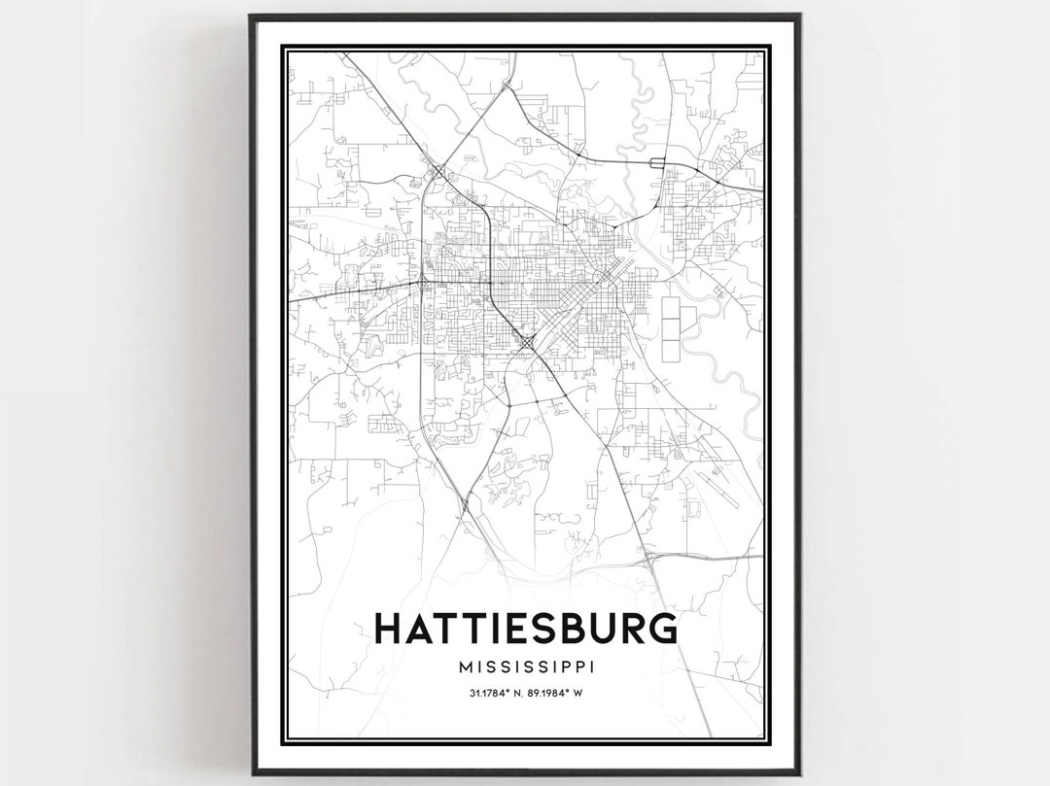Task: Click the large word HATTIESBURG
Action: click(x=526, y=628)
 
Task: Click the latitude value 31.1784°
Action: click(x=490, y=693)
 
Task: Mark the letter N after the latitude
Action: click(x=522, y=693)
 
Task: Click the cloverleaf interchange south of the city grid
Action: click(x=526, y=343)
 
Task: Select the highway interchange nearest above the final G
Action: click(x=648, y=561)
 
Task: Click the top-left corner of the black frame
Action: click(x=251, y=17)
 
